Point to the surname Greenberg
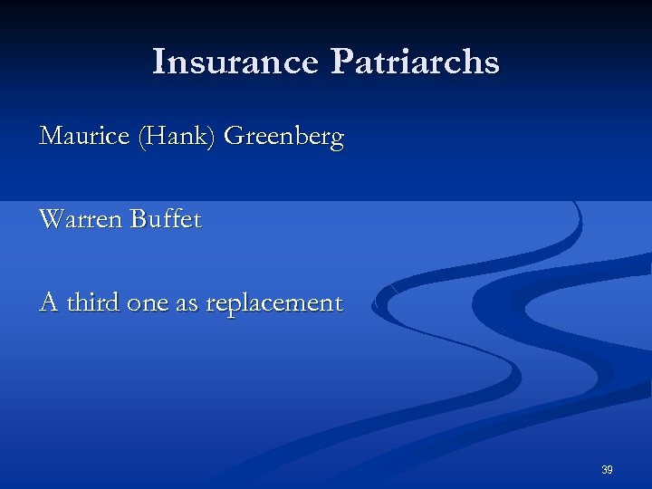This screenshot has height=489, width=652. (283, 138)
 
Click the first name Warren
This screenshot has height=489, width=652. (81, 220)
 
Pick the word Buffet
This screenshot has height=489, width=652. (165, 220)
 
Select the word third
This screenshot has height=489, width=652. (93, 302)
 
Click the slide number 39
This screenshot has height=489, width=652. (607, 470)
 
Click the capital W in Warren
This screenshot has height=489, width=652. (51, 220)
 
